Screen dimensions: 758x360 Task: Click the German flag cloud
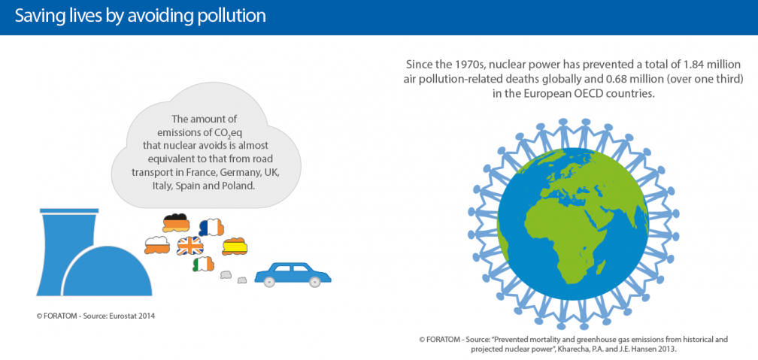point(175,222)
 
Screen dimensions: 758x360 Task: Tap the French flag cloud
point(211,227)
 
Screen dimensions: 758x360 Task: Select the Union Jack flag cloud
point(190,247)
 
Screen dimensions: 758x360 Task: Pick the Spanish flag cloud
point(235,247)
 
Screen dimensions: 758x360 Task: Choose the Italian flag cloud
point(203,264)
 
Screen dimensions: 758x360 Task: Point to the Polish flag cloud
point(157,246)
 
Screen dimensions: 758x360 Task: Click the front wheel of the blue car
point(314,282)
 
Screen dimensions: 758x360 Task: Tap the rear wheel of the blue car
point(271,282)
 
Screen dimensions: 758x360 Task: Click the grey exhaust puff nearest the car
point(242,280)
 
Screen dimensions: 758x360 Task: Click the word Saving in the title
point(36,16)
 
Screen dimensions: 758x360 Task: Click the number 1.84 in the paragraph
point(662,64)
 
